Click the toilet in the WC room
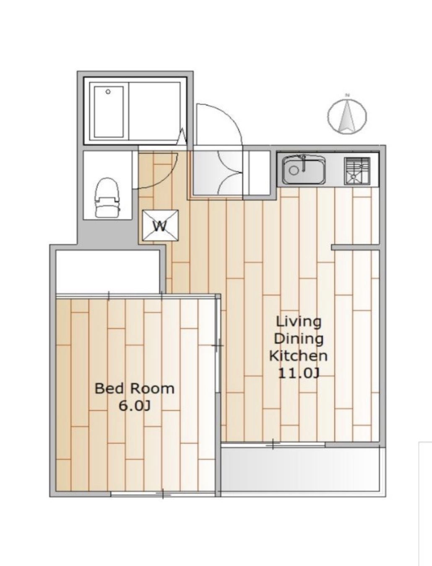tap(108, 197)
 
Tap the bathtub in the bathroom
tap(109, 112)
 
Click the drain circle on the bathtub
tap(108, 92)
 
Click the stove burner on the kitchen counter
tap(357, 171)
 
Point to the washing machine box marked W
tap(160, 226)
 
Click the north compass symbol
tap(347, 116)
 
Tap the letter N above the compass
tap(348, 95)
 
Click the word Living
tap(299, 322)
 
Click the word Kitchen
tap(299, 356)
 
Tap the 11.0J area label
tap(299, 373)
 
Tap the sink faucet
tap(304, 163)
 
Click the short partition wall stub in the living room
tap(356, 247)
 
